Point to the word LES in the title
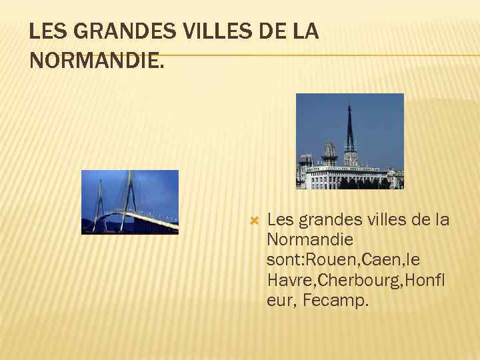click(47, 31)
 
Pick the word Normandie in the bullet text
click(310, 239)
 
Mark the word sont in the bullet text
click(285, 259)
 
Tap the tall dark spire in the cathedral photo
click(349, 130)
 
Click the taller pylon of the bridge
click(129, 193)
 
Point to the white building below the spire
click(340, 176)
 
